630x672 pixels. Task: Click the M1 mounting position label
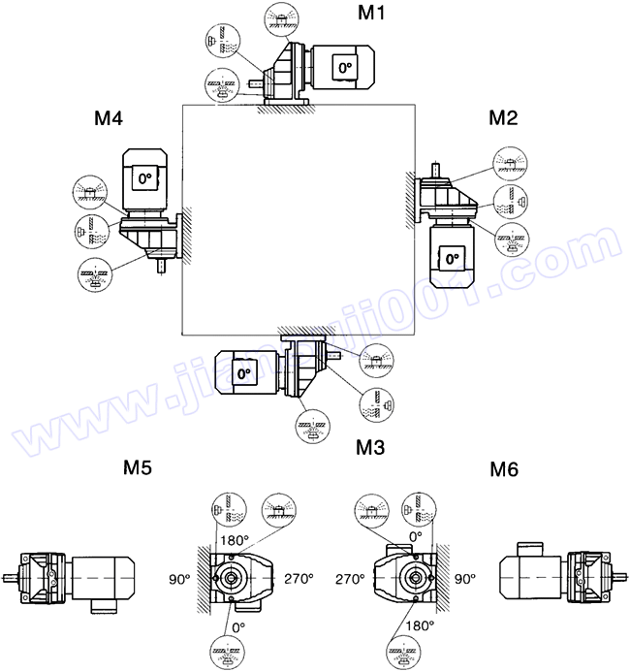[373, 14]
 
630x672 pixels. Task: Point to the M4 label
[109, 119]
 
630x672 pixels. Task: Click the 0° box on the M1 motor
[344, 68]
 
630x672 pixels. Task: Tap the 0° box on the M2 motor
[449, 259]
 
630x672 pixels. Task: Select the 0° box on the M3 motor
[241, 372]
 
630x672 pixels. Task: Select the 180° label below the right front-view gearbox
[419, 625]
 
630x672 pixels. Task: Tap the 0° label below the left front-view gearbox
[237, 626]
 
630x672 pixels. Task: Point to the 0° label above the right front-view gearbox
[416, 534]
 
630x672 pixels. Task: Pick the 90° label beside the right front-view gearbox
[464, 579]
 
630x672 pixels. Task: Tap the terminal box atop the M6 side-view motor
[531, 547]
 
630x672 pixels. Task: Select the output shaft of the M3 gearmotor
[337, 357]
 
